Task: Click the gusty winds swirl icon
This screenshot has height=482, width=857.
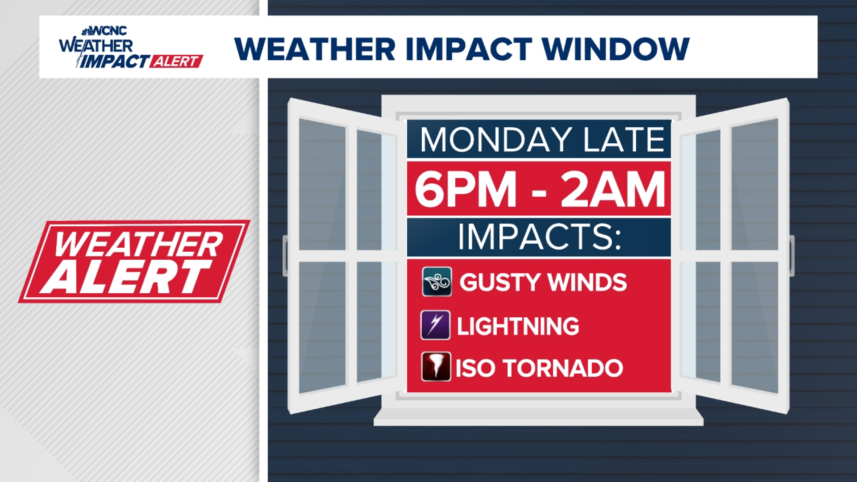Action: click(437, 282)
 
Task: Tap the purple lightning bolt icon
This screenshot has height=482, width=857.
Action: click(435, 325)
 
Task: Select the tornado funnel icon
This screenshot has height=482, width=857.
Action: click(436, 367)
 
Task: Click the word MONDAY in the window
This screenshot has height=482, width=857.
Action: click(496, 140)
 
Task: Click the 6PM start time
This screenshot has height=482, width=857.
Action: click(466, 189)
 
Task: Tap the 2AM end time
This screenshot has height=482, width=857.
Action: click(613, 189)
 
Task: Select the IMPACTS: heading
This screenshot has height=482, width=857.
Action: click(539, 236)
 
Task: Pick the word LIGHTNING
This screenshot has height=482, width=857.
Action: click(518, 326)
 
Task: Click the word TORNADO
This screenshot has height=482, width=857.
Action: click(563, 369)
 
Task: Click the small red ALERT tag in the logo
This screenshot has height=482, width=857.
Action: click(176, 61)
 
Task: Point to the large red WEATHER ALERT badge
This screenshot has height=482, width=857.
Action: click(134, 262)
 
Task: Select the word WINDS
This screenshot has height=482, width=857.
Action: click(587, 283)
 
